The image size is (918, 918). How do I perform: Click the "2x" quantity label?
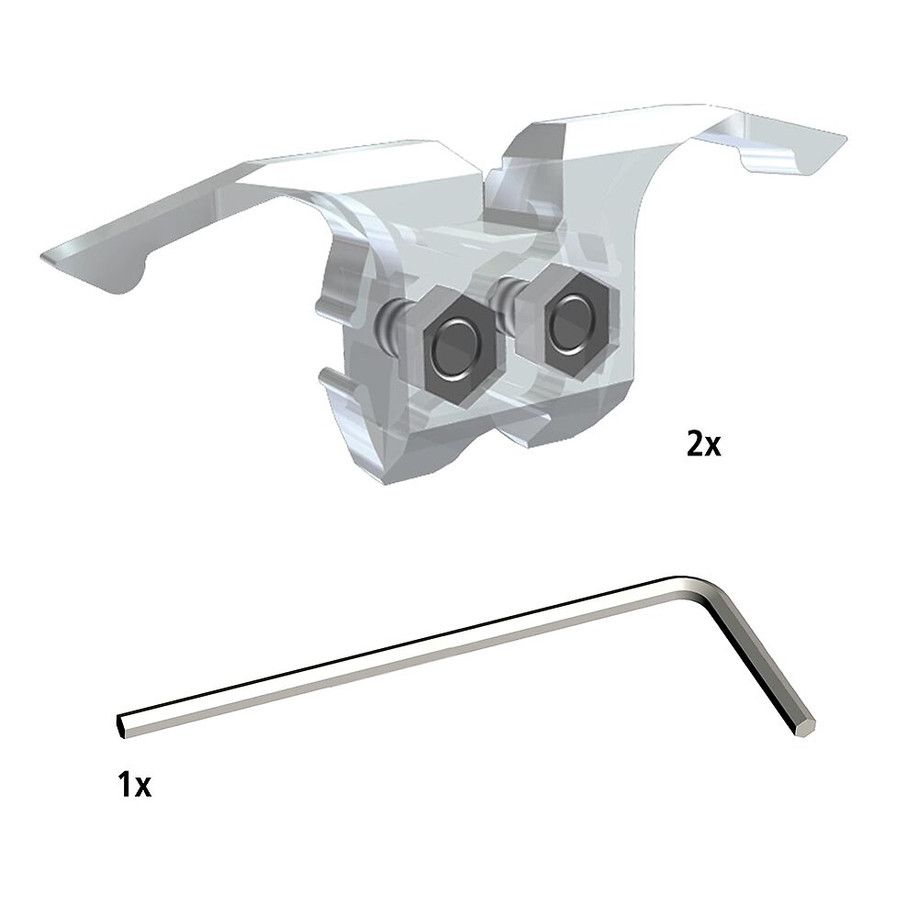pos(704,444)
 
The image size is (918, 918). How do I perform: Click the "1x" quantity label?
pos(135,785)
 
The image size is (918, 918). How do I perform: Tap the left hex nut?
pos(461,350)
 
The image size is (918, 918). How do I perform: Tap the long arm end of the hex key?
pos(122,725)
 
